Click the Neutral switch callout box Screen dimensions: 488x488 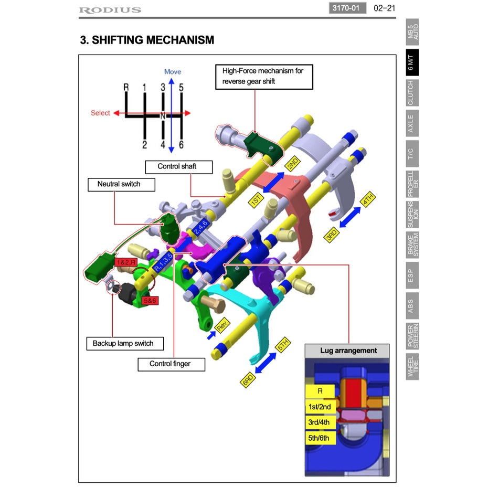(119, 184)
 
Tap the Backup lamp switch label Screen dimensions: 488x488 (123, 343)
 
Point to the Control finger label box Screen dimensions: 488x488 (171, 364)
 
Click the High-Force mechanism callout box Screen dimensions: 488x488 (264, 76)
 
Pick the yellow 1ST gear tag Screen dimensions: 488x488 (256, 200)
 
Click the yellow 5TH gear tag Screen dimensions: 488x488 (283, 345)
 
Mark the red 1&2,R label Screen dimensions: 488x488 (126, 262)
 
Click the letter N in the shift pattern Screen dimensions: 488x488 (163, 115)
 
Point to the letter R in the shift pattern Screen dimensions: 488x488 (126, 87)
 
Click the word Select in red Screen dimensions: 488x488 (100, 113)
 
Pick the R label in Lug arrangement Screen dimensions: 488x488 (320, 391)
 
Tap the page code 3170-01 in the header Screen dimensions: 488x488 (347, 8)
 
